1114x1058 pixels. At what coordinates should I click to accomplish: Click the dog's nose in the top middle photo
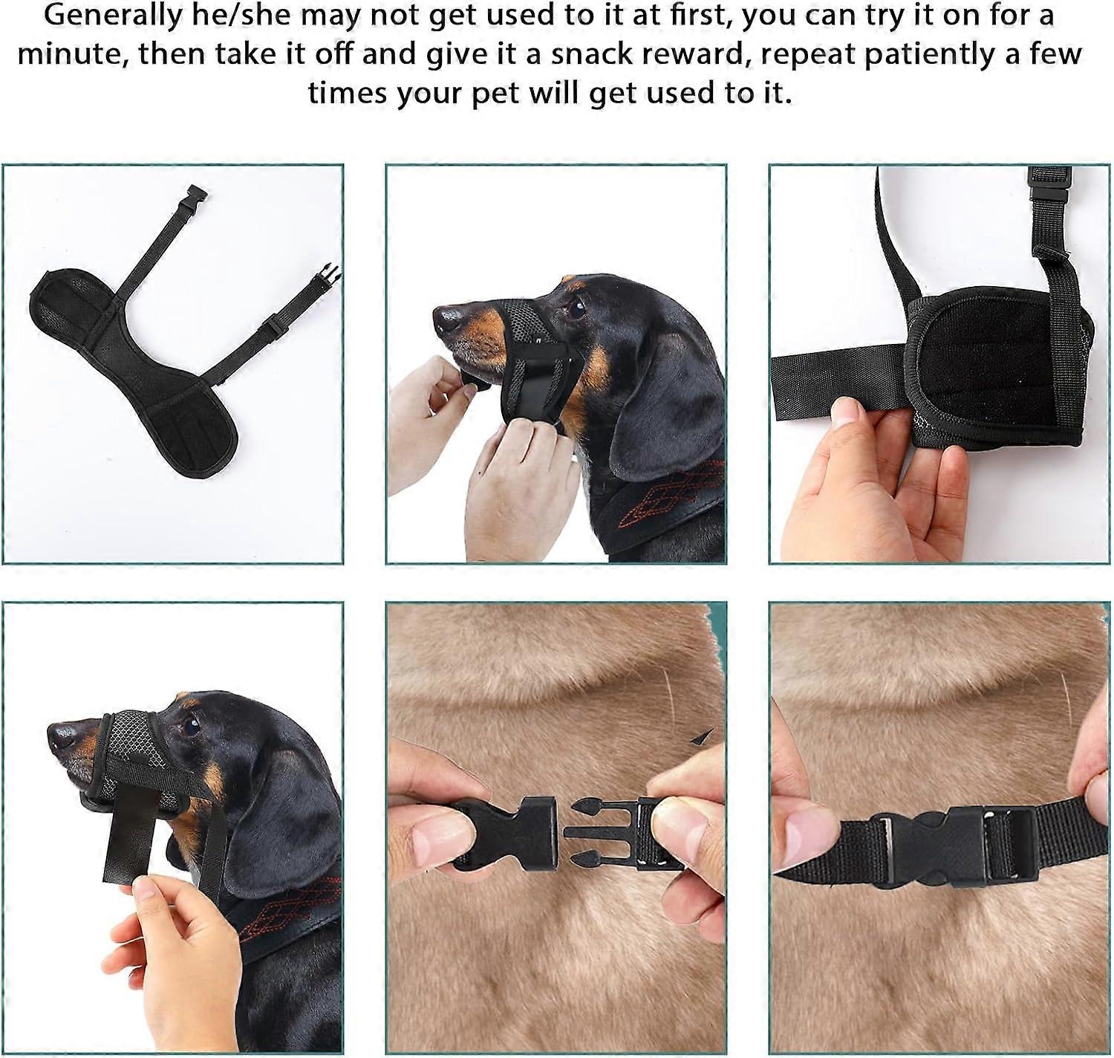[x=448, y=319]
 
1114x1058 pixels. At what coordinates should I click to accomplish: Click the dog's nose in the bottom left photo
[x=63, y=736]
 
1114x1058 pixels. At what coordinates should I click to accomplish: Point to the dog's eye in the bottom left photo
[x=189, y=726]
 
